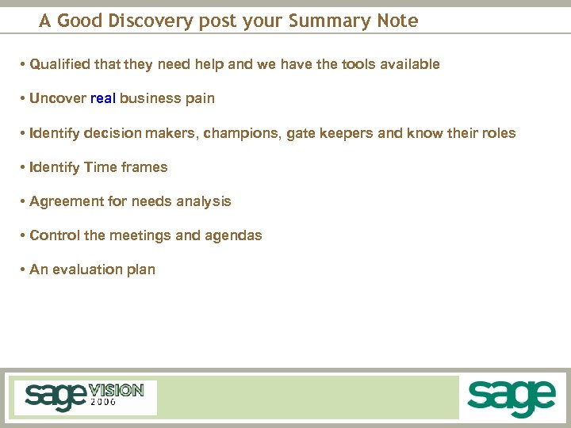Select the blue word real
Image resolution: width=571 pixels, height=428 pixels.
pyautogui.click(x=103, y=99)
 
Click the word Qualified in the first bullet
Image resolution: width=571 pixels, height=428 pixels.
pyautogui.click(x=58, y=64)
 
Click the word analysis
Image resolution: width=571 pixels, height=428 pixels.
pyautogui.click(x=205, y=201)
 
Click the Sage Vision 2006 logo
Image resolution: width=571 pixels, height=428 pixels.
pyautogui.click(x=84, y=396)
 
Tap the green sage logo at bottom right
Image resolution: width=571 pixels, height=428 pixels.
pyautogui.click(x=511, y=397)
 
